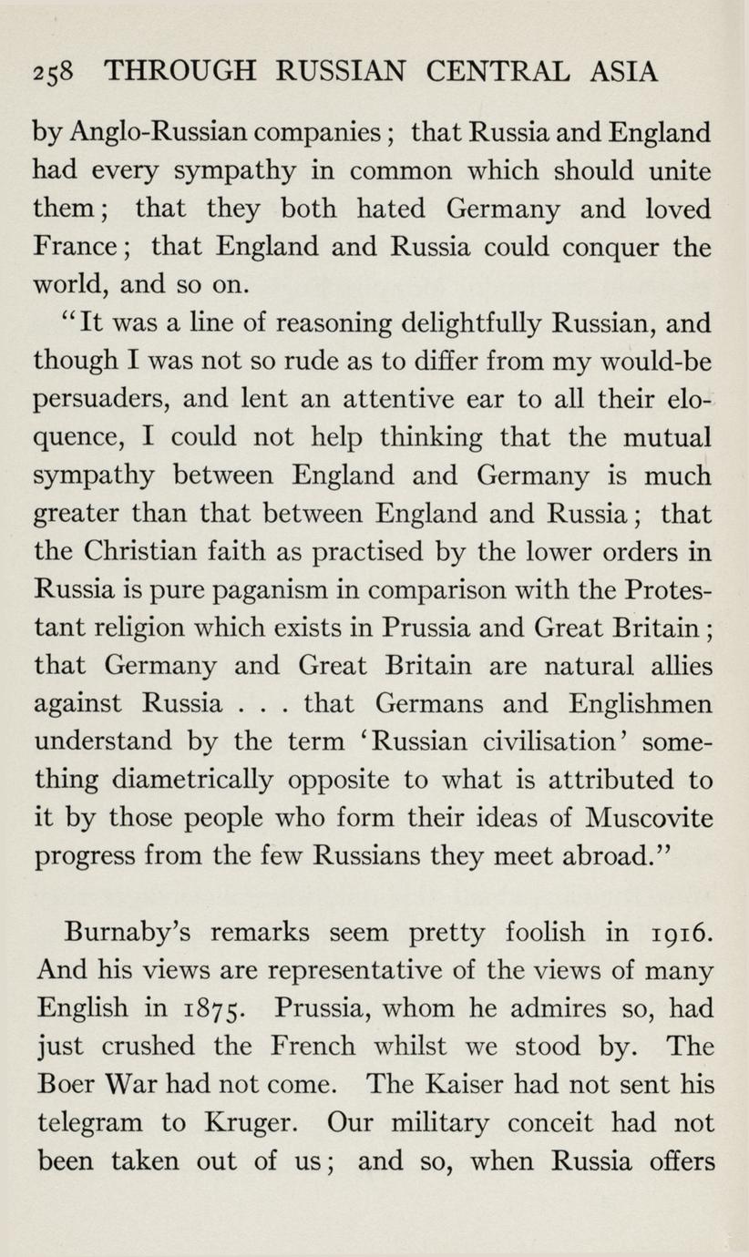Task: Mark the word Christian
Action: click(x=161, y=552)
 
